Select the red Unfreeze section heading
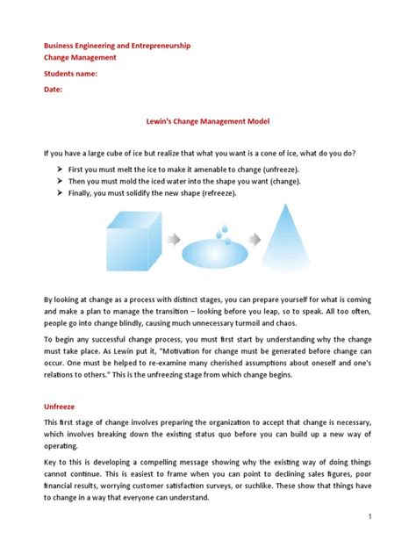coord(63,407)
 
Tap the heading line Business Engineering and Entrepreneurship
coord(118,45)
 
